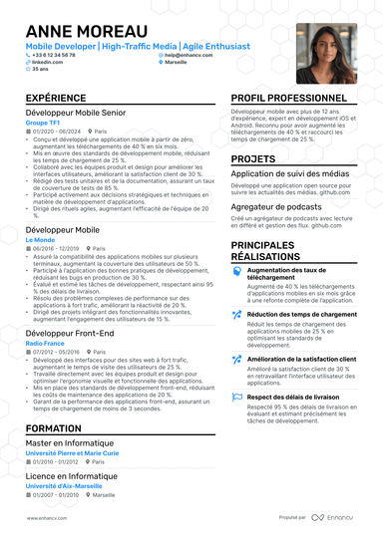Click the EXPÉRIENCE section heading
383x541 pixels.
[56, 98]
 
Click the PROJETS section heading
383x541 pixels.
[253, 158]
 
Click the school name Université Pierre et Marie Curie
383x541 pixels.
[72, 452]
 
